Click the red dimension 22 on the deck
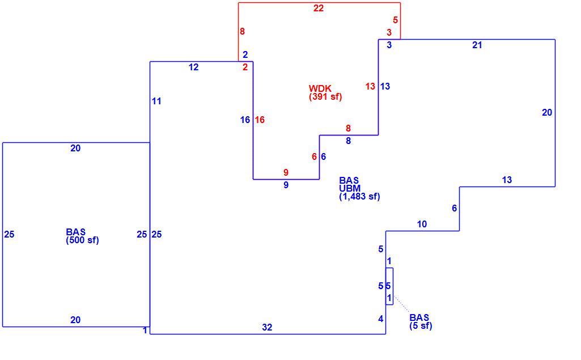pyautogui.click(x=319, y=8)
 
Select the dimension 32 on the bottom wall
pyautogui.click(x=267, y=327)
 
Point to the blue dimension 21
pyautogui.click(x=477, y=45)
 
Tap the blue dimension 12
pyautogui.click(x=193, y=67)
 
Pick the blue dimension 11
pyautogui.click(x=156, y=101)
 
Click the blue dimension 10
pyautogui.click(x=422, y=225)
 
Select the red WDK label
pyautogui.click(x=320, y=88)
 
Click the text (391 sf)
pyautogui.click(x=325, y=97)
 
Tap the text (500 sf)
pyautogui.click(x=82, y=240)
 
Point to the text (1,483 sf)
pyautogui.click(x=359, y=197)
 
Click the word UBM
pyautogui.click(x=350, y=188)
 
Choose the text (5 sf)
pyautogui.click(x=421, y=326)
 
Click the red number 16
pyautogui.click(x=260, y=120)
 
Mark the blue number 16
pyautogui.click(x=245, y=120)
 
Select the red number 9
pyautogui.click(x=286, y=172)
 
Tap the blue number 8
pyautogui.click(x=348, y=141)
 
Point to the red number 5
pyautogui.click(x=395, y=20)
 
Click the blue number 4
pyautogui.click(x=380, y=319)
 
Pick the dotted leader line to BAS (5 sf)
pyautogui.click(x=402, y=304)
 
